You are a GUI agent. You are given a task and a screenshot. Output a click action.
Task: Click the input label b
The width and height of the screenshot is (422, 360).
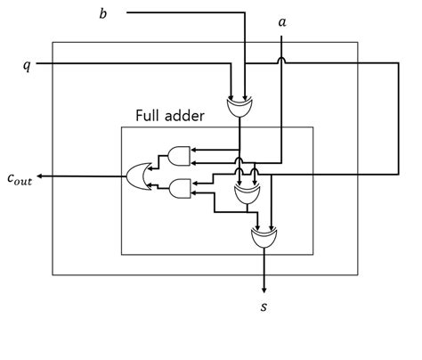click(x=102, y=13)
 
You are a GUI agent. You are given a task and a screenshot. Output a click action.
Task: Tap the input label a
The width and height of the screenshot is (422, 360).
click(x=282, y=22)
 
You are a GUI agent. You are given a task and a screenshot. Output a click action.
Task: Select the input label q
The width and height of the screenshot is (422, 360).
click(x=27, y=65)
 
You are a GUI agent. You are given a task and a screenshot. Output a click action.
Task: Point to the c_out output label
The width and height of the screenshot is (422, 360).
click(x=20, y=179)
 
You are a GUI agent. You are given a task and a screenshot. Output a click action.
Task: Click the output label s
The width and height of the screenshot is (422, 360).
click(x=264, y=307)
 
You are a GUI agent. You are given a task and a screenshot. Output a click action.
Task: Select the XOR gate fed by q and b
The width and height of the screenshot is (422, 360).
click(x=239, y=107)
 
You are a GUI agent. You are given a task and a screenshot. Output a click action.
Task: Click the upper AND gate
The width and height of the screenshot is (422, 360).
click(x=179, y=156)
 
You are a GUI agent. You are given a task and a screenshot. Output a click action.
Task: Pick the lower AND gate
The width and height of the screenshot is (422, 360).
click(x=180, y=188)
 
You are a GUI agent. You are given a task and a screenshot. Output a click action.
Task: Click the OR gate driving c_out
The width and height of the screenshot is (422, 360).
click(x=138, y=176)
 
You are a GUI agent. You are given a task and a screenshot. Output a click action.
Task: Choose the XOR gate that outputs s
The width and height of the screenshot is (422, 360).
click(x=264, y=238)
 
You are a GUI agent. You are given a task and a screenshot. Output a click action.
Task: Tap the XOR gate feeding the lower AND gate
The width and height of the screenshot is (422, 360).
click(x=247, y=194)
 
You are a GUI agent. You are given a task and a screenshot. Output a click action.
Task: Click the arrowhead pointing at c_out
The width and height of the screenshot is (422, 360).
click(x=39, y=176)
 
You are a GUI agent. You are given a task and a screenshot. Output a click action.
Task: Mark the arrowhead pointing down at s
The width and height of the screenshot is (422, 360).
click(x=264, y=290)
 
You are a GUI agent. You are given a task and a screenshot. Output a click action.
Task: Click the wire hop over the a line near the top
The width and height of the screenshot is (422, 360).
click(x=281, y=61)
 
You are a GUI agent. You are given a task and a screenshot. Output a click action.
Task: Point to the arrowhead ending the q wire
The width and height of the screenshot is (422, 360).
click(x=231, y=98)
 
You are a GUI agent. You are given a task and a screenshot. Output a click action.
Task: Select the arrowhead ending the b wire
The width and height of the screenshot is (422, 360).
click(x=245, y=98)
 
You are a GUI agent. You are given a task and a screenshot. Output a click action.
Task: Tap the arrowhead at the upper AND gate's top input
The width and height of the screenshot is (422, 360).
click(x=193, y=150)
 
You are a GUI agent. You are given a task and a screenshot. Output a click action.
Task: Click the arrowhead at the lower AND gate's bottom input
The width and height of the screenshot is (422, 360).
click(x=193, y=193)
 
